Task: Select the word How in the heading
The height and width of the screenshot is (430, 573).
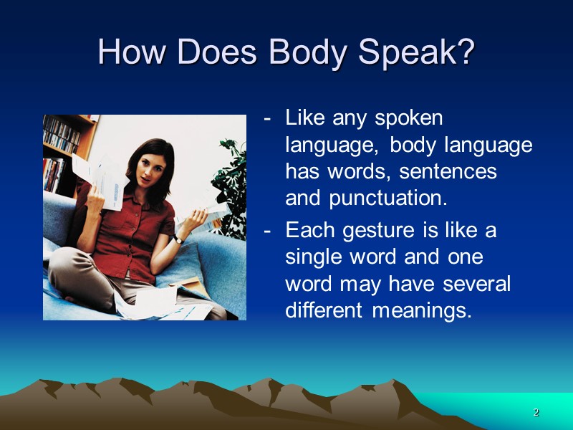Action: pyautogui.click(x=130, y=52)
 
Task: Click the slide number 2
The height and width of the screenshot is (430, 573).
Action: pyautogui.click(x=536, y=413)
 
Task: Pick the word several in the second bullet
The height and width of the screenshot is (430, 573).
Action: pyautogui.click(x=476, y=285)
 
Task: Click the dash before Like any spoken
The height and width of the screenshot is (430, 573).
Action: pyautogui.click(x=267, y=118)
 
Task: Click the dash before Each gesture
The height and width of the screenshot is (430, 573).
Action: pyautogui.click(x=267, y=231)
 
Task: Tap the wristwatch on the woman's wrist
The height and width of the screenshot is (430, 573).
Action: pyautogui.click(x=177, y=239)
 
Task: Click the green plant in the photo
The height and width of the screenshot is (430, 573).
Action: pyautogui.click(x=231, y=179)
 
